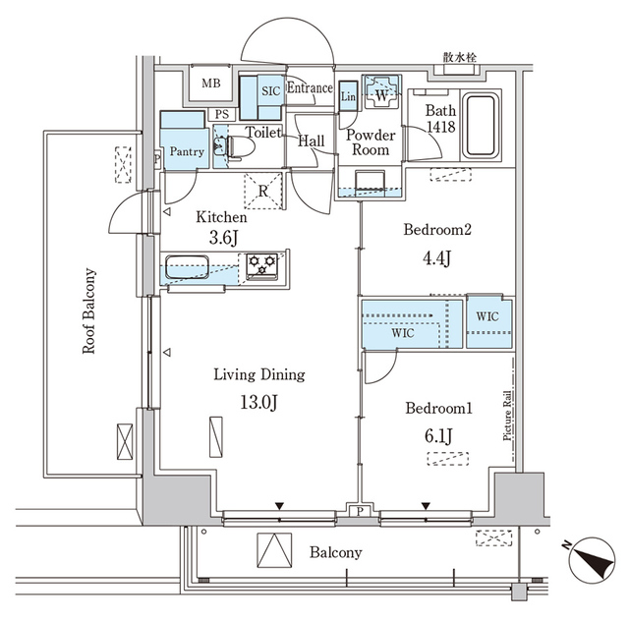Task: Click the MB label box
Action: click(x=211, y=85)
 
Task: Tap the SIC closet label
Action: click(x=271, y=90)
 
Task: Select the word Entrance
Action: click(x=310, y=89)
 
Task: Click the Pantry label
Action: click(x=186, y=151)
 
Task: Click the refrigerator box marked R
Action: click(x=262, y=191)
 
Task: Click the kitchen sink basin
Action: click(x=186, y=266)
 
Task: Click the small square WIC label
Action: click(x=488, y=318)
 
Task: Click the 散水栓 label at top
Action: click(x=459, y=59)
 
